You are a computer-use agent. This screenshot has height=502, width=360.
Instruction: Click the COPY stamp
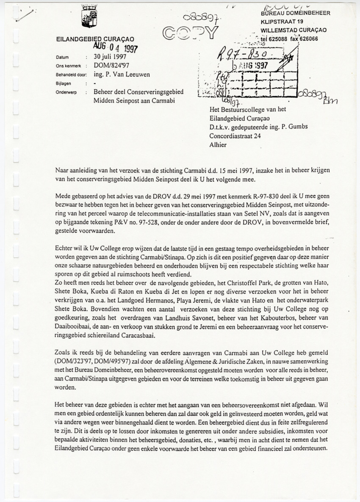[189, 32]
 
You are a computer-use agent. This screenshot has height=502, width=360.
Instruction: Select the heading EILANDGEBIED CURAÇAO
[88, 39]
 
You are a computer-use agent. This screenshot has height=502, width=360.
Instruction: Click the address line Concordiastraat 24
[238, 136]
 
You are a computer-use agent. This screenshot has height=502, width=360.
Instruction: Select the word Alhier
[218, 145]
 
